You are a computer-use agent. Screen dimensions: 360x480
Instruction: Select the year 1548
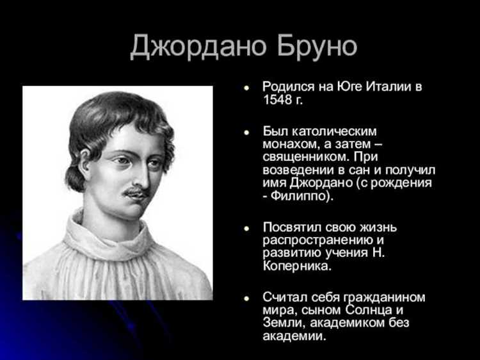(x=277, y=101)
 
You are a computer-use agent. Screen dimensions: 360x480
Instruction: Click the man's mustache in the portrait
(x=136, y=191)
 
